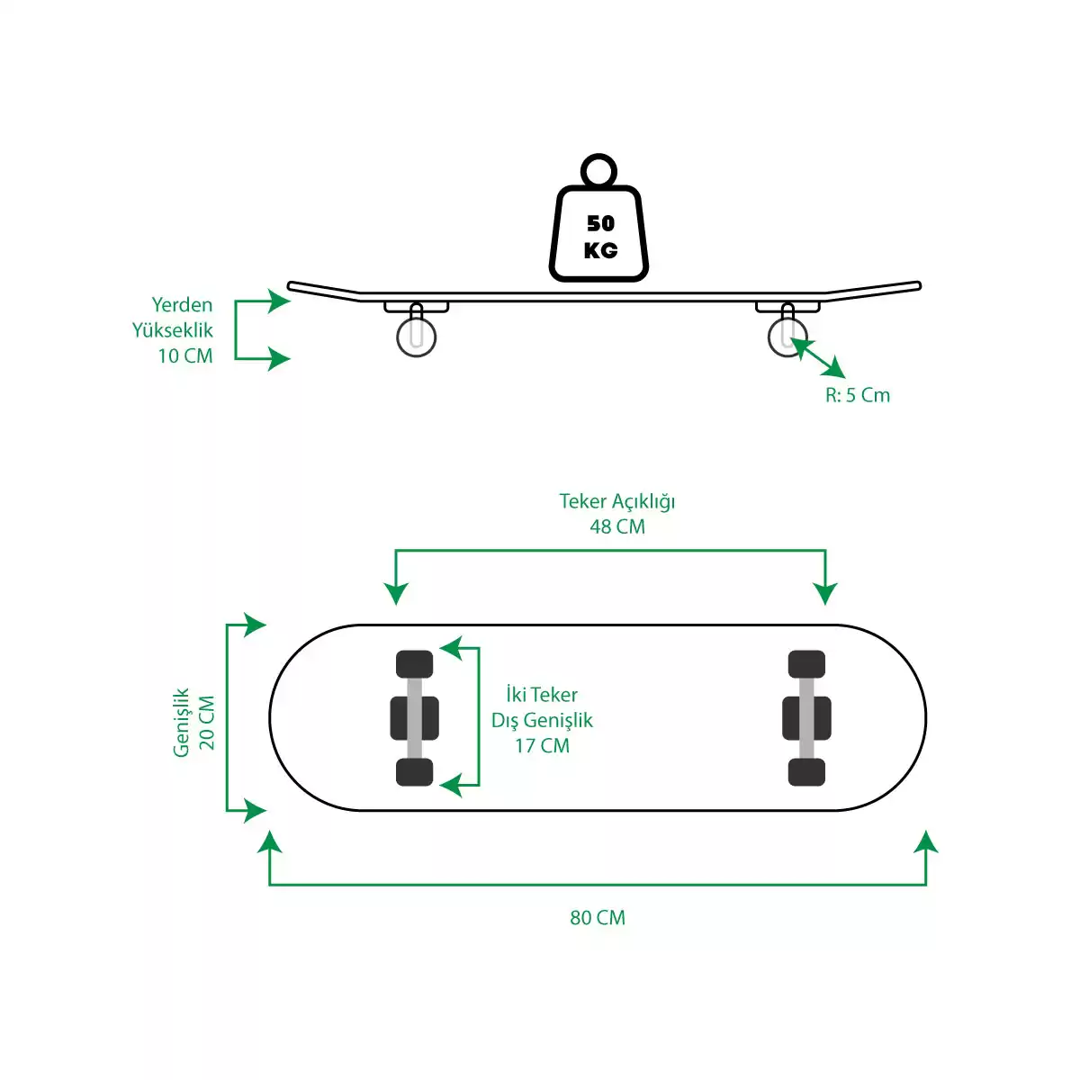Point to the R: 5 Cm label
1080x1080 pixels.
858,395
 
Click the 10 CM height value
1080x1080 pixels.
185,355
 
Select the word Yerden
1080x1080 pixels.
182,304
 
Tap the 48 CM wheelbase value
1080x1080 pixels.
617,526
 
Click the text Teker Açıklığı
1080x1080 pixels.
617,501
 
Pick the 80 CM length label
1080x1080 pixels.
598,917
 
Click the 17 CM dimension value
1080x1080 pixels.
542,745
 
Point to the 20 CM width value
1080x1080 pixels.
207,723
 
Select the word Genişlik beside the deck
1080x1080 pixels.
182,723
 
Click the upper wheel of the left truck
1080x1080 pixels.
414,664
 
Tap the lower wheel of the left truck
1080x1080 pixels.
414,771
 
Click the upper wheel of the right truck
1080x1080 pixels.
806,664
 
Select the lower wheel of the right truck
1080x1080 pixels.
806,771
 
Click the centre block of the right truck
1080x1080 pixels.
806,718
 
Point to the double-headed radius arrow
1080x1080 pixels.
818,357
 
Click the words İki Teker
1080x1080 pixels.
542,695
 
